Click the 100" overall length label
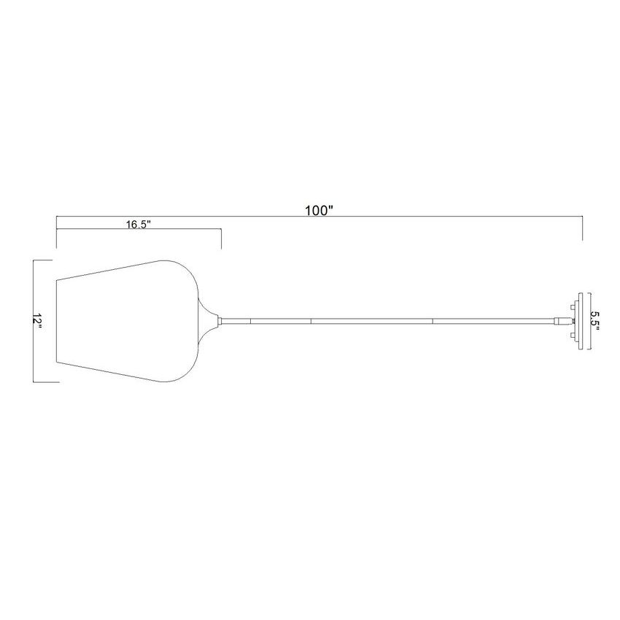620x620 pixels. pyautogui.click(x=319, y=211)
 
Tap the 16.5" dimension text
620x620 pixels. pyautogui.click(x=139, y=225)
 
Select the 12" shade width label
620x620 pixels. pyautogui.click(x=37, y=322)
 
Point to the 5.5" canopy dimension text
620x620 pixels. pyautogui.click(x=595, y=321)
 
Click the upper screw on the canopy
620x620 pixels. pyautogui.click(x=573, y=307)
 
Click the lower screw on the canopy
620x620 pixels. pyautogui.click(x=573, y=336)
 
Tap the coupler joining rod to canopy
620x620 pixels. pyautogui.click(x=560, y=321)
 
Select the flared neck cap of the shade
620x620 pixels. pyautogui.click(x=207, y=321)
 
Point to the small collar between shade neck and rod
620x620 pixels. pyautogui.click(x=220, y=321)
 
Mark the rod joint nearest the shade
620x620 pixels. pyautogui.click(x=251, y=321)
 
